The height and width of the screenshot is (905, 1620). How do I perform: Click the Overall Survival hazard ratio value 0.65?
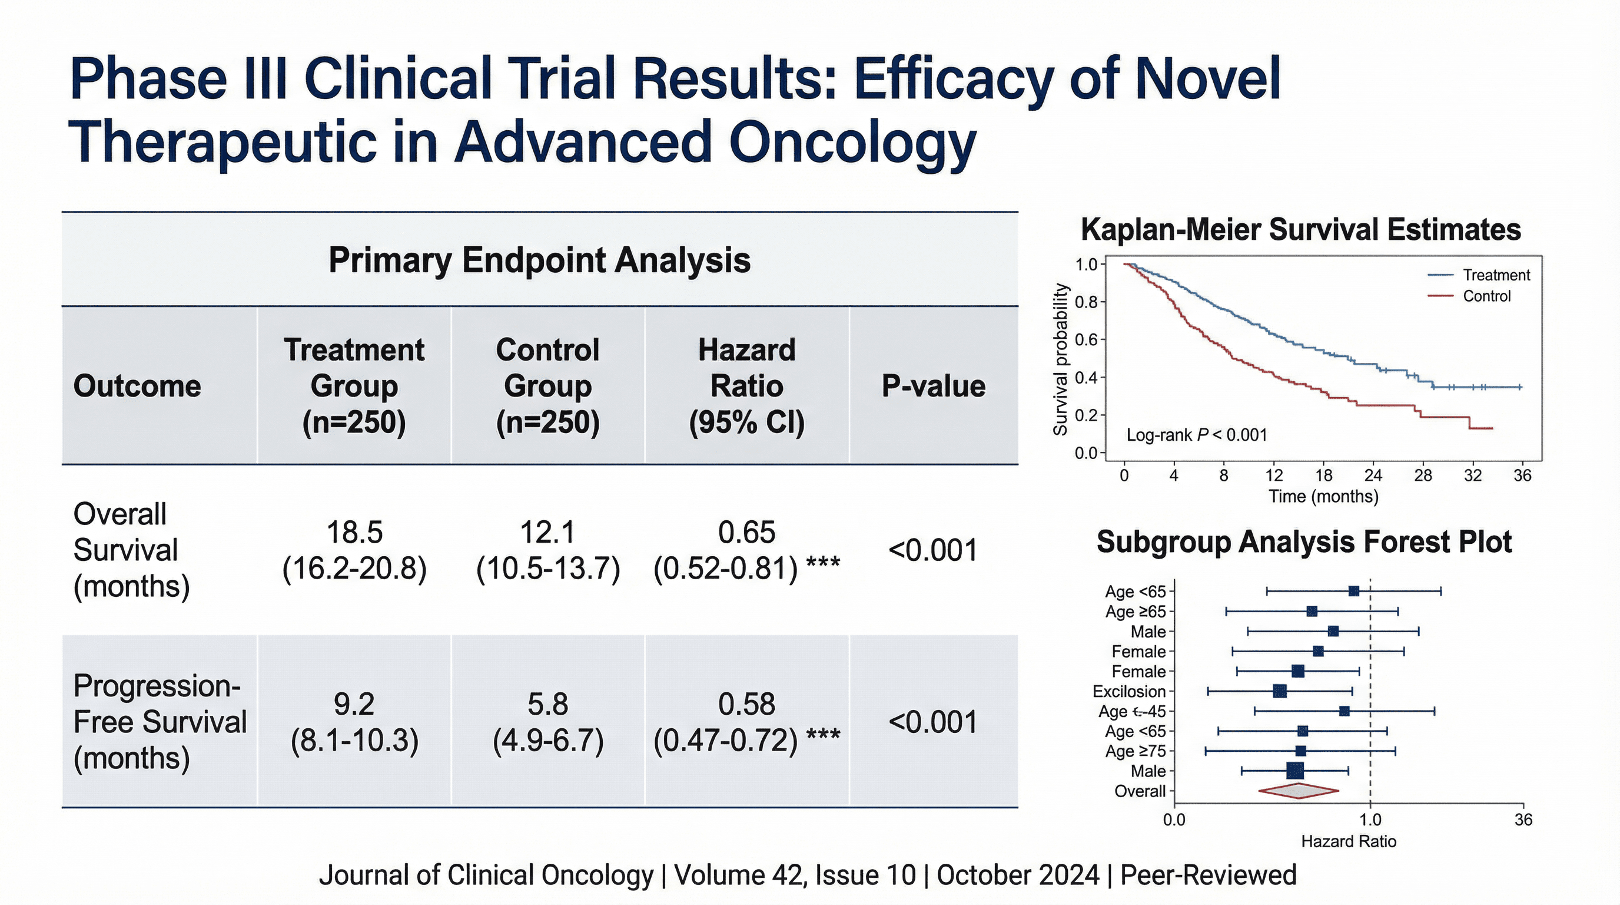coord(746,533)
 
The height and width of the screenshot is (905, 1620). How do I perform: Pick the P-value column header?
coord(933,386)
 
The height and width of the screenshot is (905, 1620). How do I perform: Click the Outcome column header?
coord(137,386)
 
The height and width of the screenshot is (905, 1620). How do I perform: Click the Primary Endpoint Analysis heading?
coord(539,260)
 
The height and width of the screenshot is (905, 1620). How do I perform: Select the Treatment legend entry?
coord(1495,275)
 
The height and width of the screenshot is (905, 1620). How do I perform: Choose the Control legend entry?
coord(1486,296)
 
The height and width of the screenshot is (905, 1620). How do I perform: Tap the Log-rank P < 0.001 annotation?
coord(1196,435)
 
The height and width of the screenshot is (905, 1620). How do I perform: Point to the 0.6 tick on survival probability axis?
coord(1086,340)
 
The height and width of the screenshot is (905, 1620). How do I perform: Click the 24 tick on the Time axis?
coord(1373,476)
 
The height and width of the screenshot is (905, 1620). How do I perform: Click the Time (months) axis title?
coord(1323,497)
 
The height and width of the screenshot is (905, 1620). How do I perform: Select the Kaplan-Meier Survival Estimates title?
coord(1300,230)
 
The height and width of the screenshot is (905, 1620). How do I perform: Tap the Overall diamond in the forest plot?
coord(1298,791)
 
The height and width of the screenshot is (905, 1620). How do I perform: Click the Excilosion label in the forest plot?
coord(1129,691)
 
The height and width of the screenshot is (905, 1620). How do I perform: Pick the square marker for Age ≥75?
coord(1300,751)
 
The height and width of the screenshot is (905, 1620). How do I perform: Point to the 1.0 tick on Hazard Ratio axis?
coord(1370,820)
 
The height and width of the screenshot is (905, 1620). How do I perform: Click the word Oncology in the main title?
coord(852,143)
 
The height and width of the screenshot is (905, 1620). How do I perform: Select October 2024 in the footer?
coord(1018,876)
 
